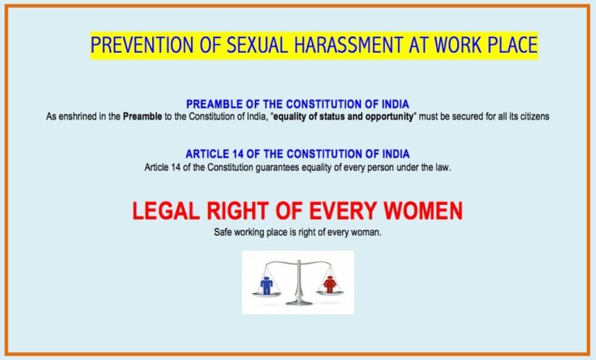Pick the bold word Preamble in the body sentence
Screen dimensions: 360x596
coord(143,116)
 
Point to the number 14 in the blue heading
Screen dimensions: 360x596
coord(242,154)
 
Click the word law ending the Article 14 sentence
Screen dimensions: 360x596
coord(444,167)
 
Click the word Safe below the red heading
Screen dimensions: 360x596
coord(223,232)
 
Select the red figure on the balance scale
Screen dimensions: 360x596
coord(329,284)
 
